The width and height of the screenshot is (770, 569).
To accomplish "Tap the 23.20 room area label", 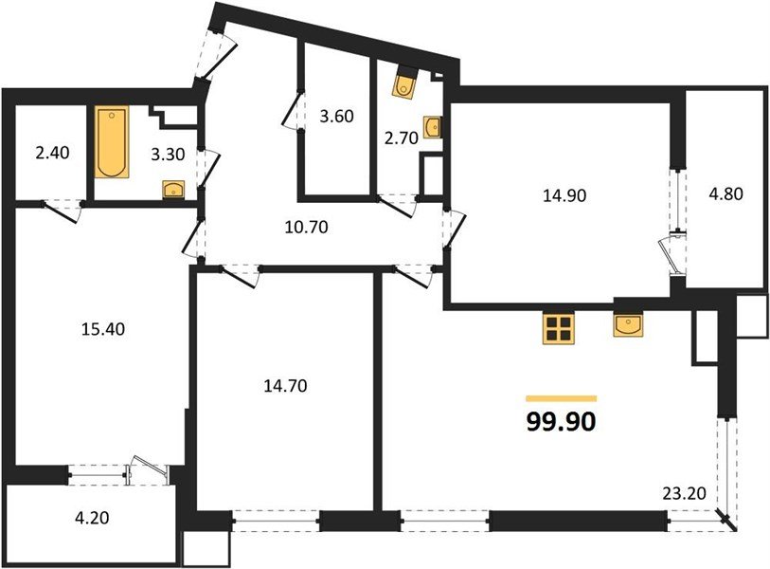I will point(681,492).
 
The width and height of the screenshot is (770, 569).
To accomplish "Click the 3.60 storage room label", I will point(336,118).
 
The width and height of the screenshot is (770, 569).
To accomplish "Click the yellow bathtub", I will point(110,143).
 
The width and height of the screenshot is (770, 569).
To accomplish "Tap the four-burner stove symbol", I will point(558,327).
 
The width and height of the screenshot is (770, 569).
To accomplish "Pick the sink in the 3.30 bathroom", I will point(173,190).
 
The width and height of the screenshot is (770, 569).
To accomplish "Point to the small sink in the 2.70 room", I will point(432,126).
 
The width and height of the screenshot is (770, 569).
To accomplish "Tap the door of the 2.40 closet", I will point(63,210).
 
